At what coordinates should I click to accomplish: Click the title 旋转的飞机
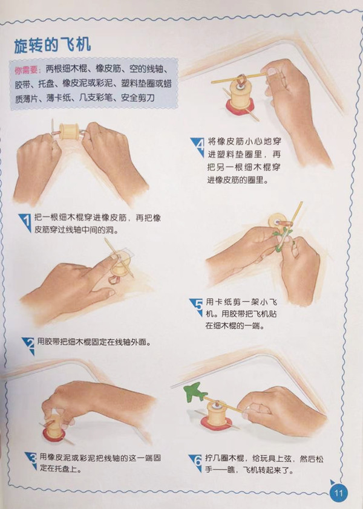(x=52, y=45)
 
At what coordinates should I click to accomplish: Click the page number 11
(x=338, y=493)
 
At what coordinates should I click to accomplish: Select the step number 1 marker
(x=25, y=222)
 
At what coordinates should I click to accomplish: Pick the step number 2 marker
(x=29, y=346)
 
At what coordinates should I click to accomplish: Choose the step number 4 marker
(x=198, y=147)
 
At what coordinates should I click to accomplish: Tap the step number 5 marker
(x=196, y=307)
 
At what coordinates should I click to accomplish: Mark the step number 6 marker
(x=196, y=463)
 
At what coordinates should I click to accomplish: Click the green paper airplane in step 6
(x=195, y=393)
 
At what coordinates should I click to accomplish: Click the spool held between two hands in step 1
(x=68, y=131)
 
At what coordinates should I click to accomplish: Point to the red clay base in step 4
(x=240, y=106)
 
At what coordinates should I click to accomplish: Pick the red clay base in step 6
(x=216, y=423)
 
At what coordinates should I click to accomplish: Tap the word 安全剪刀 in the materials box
(x=138, y=98)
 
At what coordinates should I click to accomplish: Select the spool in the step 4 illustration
(x=241, y=91)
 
